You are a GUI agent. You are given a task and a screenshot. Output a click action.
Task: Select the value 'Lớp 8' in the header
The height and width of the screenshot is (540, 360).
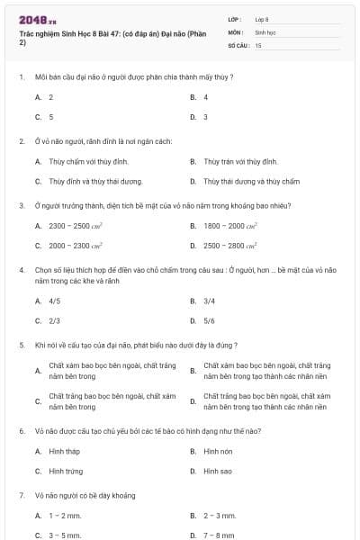pos(263,18)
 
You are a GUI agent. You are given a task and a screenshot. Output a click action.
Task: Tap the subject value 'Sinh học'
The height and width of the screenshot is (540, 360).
pos(265,31)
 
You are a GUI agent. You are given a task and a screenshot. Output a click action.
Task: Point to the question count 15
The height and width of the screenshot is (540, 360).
pos(258,44)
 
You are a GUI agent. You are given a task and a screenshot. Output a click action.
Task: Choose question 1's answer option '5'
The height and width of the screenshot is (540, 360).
pos(51,117)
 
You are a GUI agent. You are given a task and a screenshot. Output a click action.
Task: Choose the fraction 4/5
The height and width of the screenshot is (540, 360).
pos(55,301)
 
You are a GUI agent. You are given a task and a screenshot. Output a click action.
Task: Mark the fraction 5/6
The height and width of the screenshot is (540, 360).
pos(209,320)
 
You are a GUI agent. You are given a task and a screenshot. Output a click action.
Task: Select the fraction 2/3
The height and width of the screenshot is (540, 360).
pos(55,320)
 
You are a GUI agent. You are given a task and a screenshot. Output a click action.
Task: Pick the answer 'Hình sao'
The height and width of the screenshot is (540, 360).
pos(218,471)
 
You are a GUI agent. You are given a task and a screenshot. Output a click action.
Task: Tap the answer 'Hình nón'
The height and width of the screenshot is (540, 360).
pos(218,451)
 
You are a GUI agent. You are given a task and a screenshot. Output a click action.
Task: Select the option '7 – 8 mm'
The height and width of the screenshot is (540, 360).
pos(220,535)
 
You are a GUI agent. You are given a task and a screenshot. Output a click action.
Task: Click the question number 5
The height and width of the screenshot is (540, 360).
pos(22,345)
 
